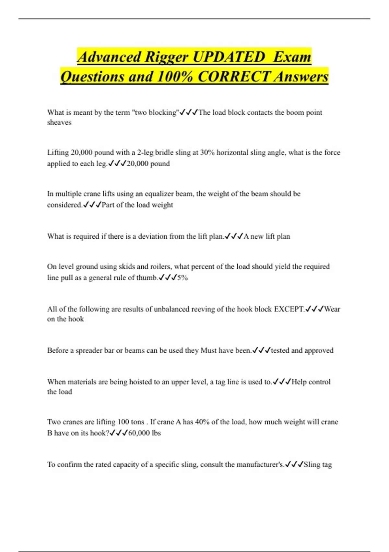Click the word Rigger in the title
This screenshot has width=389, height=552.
[x=166, y=57]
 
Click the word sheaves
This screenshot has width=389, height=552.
[x=59, y=122]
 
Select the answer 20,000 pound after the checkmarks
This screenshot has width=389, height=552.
[x=148, y=163]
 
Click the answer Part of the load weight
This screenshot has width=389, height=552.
[x=137, y=205]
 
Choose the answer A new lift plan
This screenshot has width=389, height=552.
[x=267, y=236]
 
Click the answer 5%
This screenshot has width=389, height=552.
[x=183, y=278]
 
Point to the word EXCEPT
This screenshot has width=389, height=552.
[x=289, y=309]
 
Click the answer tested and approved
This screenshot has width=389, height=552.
[x=302, y=350]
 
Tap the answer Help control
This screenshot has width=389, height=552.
[x=311, y=382]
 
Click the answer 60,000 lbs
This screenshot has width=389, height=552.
[x=145, y=433]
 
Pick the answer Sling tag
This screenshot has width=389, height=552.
[x=318, y=465]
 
